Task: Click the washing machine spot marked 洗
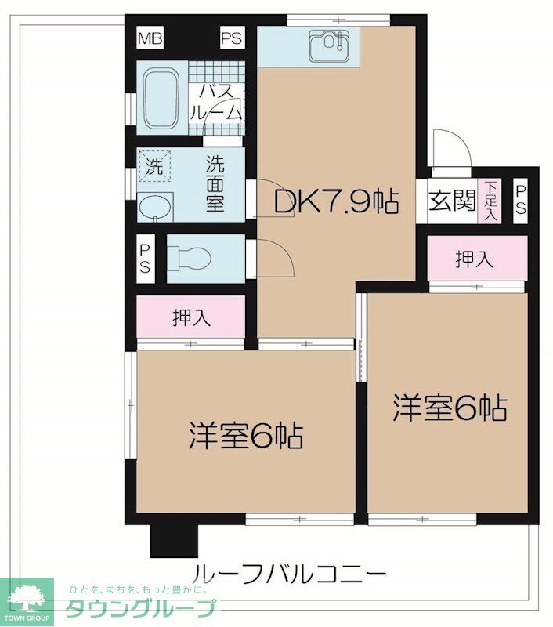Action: point(154,166)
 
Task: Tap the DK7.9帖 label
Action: point(336,202)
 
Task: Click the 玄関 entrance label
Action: point(452,201)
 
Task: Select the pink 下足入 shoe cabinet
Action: point(490,201)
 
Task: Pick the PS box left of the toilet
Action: point(145,258)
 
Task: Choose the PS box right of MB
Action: point(231,38)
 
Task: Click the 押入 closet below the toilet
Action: point(192,317)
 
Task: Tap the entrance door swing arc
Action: point(450,149)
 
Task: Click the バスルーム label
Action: point(215,102)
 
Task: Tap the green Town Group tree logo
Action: point(27,602)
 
